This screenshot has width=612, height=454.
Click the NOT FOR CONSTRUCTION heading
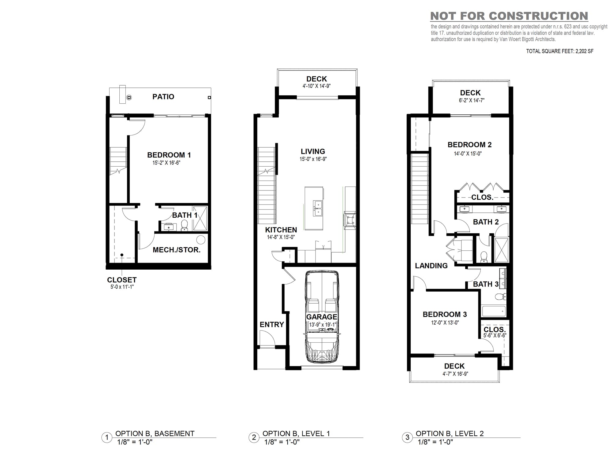(509, 16)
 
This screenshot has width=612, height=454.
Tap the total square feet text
(560, 51)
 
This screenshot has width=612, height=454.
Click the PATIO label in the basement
(163, 97)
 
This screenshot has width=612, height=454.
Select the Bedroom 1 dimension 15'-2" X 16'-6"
(166, 163)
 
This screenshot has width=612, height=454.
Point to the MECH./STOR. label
(177, 250)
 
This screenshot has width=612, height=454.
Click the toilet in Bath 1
(184, 226)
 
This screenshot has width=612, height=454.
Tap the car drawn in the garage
(322, 316)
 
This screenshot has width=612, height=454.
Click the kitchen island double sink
(318, 208)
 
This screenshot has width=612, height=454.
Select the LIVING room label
(313, 151)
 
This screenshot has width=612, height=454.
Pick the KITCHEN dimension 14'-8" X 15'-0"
(281, 237)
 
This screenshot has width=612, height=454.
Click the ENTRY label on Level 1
(272, 324)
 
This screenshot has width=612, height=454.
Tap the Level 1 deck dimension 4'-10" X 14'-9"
(316, 86)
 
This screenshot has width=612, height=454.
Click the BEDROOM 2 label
(469, 145)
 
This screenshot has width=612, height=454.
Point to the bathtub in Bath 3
(494, 311)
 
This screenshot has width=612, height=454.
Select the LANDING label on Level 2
(431, 266)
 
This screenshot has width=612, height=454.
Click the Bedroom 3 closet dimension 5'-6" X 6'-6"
(495, 335)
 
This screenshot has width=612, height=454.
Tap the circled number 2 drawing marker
(254, 437)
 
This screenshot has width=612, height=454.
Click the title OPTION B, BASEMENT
(155, 434)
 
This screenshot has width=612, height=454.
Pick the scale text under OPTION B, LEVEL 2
(435, 442)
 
